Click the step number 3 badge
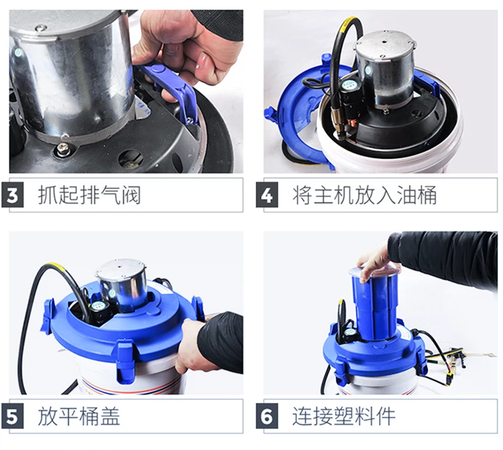click(x=13, y=195)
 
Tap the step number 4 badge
click(x=267, y=195)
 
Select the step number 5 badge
click(x=13, y=417)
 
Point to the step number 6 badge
click(x=267, y=417)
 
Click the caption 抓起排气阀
click(x=89, y=195)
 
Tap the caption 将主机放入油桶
click(x=364, y=195)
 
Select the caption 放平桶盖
click(x=79, y=416)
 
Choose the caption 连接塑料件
click(x=344, y=416)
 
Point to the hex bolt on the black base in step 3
click(x=63, y=148)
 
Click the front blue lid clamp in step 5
click(x=124, y=358)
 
